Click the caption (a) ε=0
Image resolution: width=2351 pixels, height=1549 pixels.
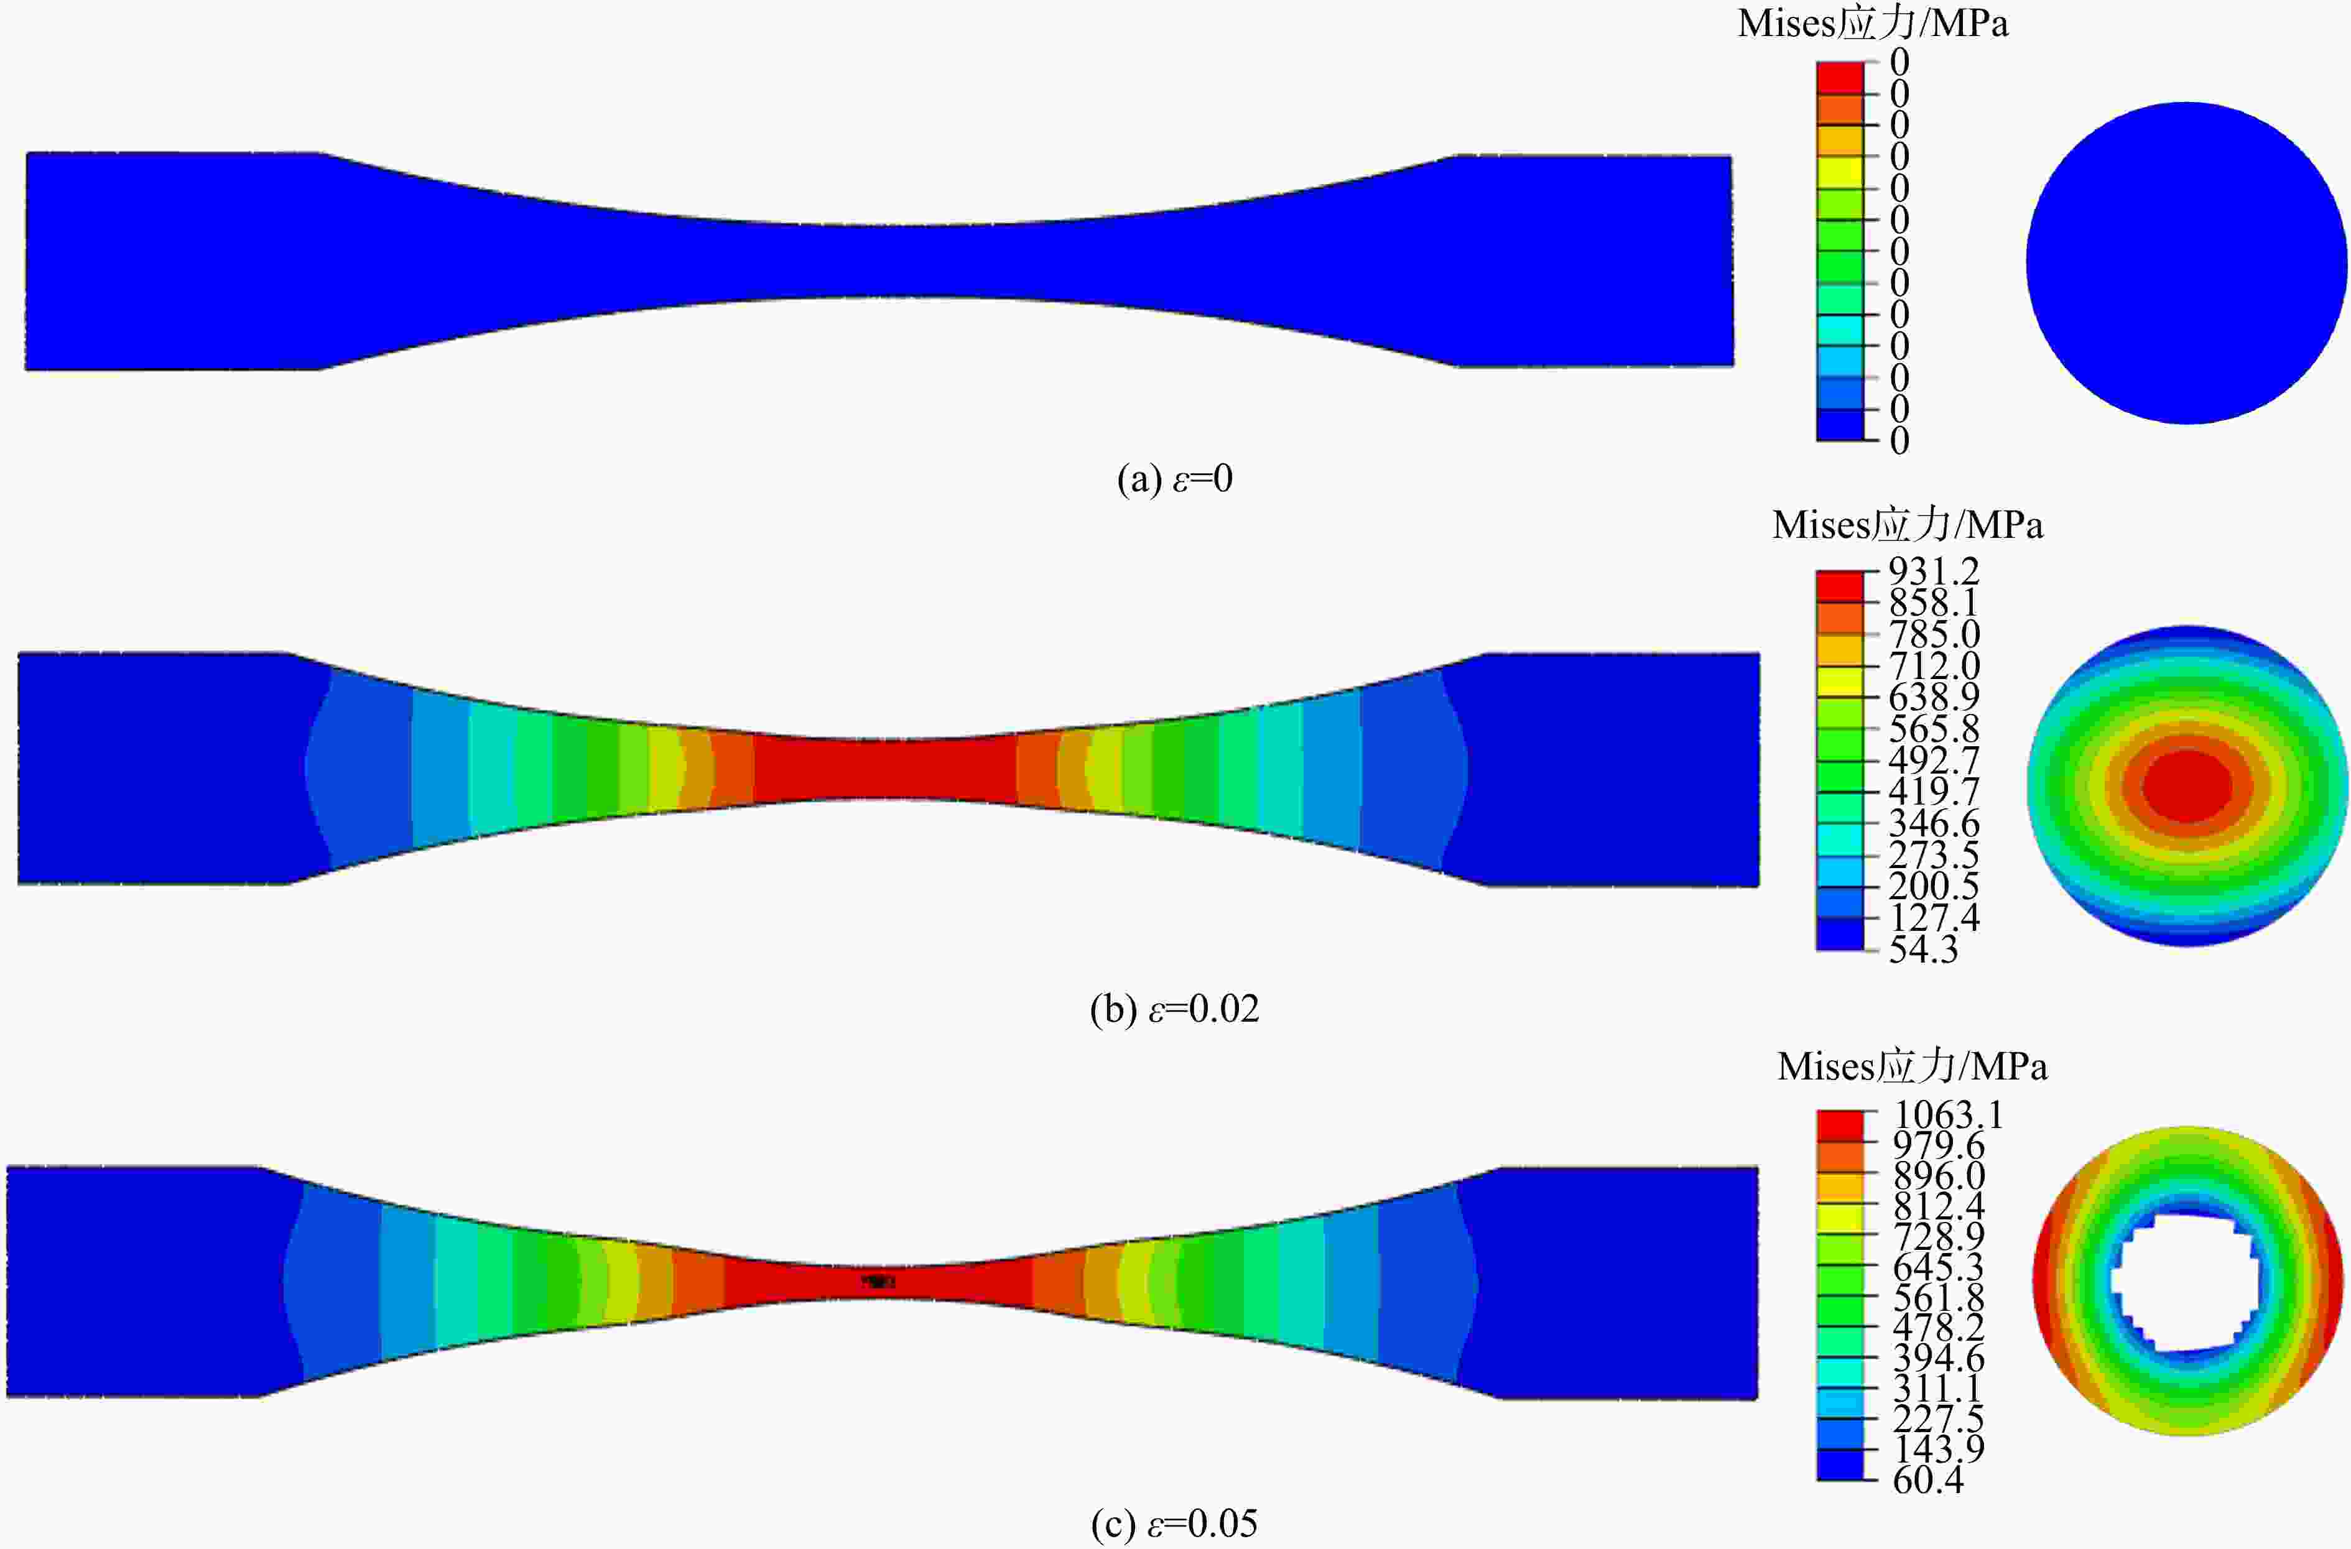1174,479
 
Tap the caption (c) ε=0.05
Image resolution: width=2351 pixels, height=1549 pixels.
1174,1524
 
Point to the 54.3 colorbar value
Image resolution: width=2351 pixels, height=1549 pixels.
1922,950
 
